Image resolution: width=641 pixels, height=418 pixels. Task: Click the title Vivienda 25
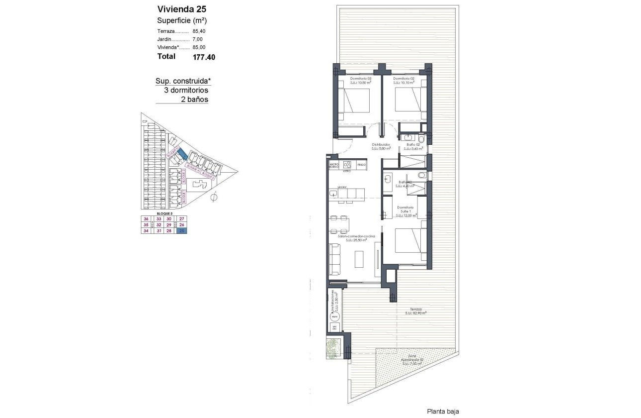pos(182,9)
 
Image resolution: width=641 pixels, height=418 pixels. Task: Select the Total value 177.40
pos(204,57)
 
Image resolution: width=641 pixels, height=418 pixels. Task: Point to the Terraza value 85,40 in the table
pos(199,31)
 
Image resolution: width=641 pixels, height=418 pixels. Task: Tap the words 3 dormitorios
pos(186,91)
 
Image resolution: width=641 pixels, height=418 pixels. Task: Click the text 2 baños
pos(194,100)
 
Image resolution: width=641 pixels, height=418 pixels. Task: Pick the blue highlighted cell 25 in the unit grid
pos(182,230)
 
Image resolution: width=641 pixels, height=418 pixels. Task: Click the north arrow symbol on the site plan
pos(214,197)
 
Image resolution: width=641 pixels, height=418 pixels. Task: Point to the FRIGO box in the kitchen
pos(361,164)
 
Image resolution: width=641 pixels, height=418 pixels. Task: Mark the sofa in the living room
pos(334,258)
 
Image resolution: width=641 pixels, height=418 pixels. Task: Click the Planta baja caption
pos(443,412)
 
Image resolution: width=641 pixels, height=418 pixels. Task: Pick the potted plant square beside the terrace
pos(333,347)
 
